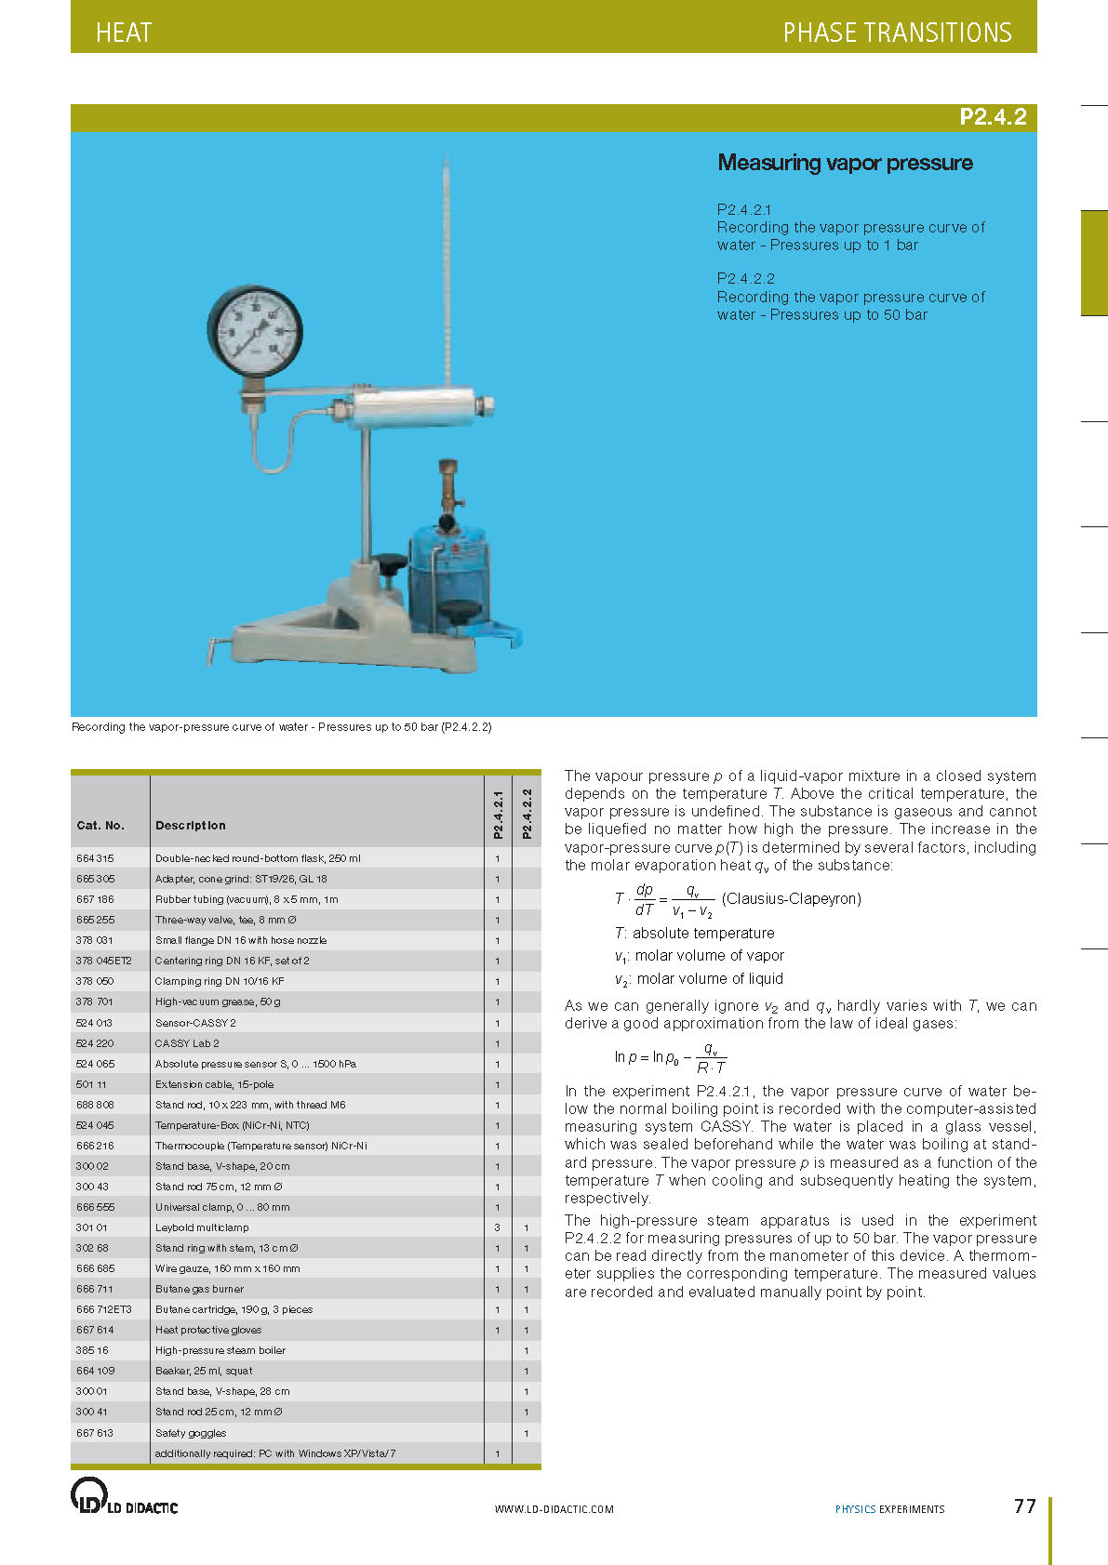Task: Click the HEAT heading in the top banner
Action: click(x=124, y=33)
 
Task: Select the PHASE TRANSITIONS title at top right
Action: click(x=897, y=33)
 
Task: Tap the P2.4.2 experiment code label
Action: click(x=993, y=117)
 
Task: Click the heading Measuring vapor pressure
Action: click(x=845, y=163)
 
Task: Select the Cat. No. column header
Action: click(x=100, y=826)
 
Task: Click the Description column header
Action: click(x=191, y=826)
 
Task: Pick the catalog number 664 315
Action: click(x=95, y=858)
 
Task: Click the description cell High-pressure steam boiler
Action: click(x=220, y=1350)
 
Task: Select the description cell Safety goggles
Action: click(x=191, y=1433)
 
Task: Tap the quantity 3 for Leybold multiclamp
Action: click(x=498, y=1227)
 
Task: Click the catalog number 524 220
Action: click(x=95, y=1043)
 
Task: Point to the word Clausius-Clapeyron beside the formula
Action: click(x=792, y=898)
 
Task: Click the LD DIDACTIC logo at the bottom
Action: click(x=124, y=1497)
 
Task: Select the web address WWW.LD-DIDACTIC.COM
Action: click(x=554, y=1509)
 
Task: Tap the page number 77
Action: click(x=1024, y=1506)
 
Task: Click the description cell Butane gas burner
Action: click(x=200, y=1289)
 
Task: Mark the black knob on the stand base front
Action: click(x=456, y=612)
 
